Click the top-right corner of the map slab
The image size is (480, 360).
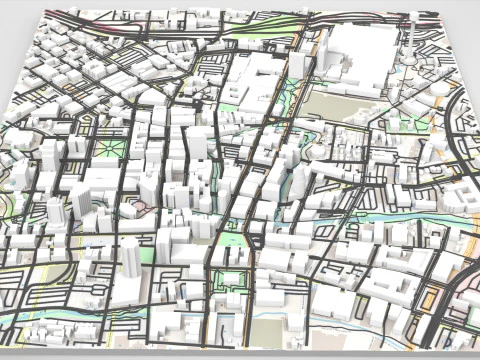[439, 11]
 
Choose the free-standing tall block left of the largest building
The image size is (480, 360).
[297, 64]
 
